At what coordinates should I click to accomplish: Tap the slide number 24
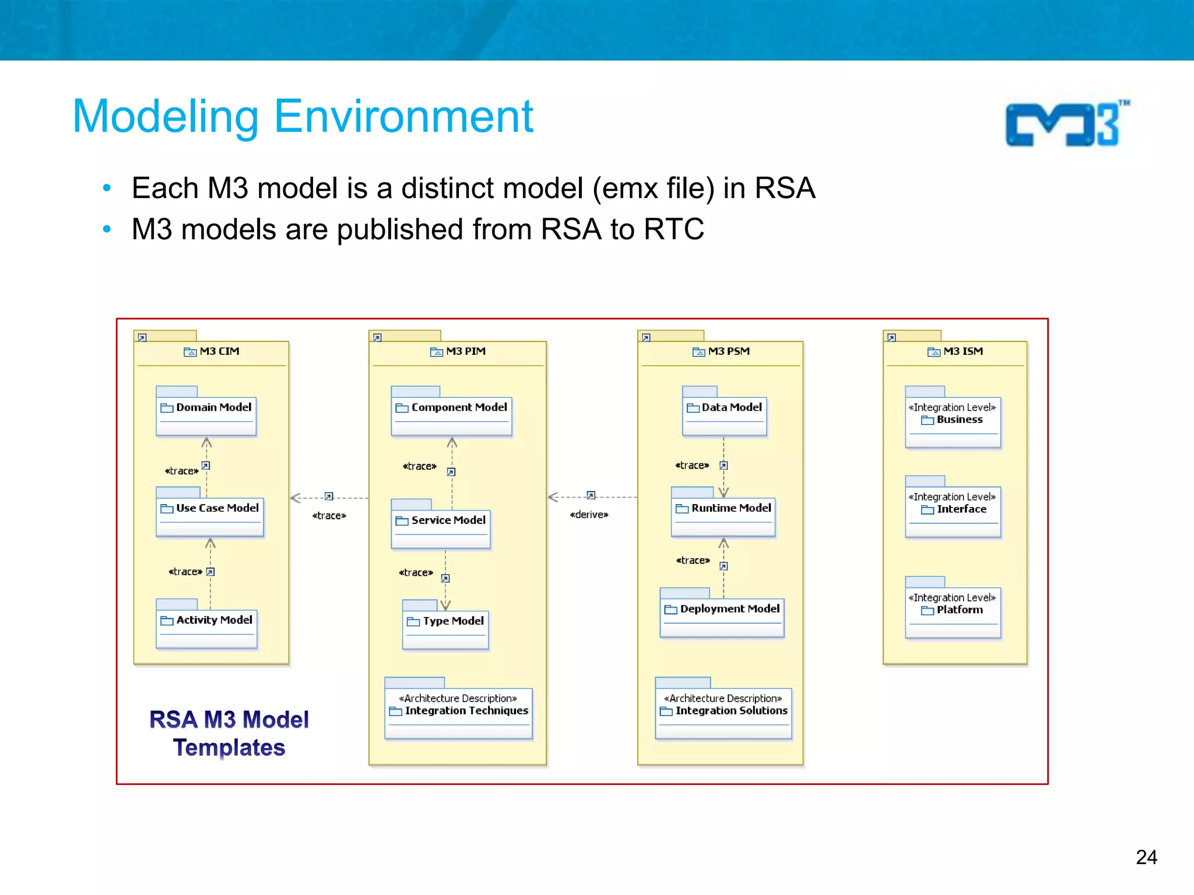point(1146,857)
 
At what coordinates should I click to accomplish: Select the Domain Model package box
point(206,415)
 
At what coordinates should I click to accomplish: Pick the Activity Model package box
point(207,628)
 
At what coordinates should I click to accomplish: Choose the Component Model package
point(451,415)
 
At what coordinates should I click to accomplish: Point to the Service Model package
point(441,528)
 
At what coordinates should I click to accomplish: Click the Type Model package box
point(445,629)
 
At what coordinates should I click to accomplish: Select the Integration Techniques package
point(459,712)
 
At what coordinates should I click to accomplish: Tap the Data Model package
point(725,415)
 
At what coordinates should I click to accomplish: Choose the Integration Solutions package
point(724,712)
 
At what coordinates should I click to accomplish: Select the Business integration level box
point(953,421)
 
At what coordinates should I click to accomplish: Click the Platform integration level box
point(953,612)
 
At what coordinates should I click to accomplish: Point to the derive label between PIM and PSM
point(589,515)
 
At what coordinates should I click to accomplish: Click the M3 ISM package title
point(963,351)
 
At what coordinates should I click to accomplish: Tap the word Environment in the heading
point(403,117)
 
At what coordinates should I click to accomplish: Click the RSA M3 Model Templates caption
point(229,733)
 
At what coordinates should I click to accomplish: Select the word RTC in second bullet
point(674,229)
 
